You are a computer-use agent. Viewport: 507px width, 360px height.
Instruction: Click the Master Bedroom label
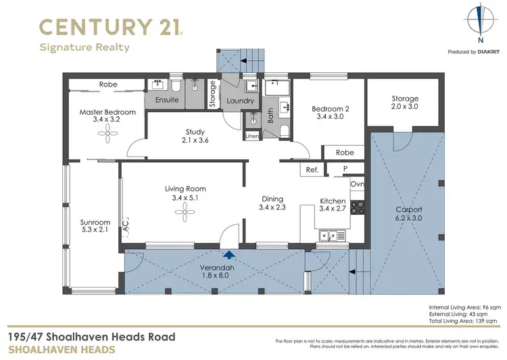click(x=107, y=112)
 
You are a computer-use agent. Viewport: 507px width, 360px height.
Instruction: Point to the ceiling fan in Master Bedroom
click(x=107, y=136)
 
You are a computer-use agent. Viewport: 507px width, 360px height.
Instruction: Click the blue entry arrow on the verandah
click(x=230, y=255)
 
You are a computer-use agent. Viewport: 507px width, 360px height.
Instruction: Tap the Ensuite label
click(x=167, y=100)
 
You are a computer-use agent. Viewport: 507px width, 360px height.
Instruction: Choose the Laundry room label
click(x=240, y=101)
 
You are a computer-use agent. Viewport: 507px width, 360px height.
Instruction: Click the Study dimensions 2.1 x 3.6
click(x=195, y=140)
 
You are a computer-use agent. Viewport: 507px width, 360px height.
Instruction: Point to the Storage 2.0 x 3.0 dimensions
click(x=404, y=107)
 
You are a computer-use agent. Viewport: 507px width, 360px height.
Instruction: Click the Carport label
click(x=409, y=209)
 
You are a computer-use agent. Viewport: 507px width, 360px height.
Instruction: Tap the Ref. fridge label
click(x=312, y=170)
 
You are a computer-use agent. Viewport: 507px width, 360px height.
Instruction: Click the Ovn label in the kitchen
click(x=358, y=184)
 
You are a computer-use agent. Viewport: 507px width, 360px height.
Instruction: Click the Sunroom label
click(x=95, y=222)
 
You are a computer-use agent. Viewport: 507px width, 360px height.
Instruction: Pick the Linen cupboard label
click(x=252, y=136)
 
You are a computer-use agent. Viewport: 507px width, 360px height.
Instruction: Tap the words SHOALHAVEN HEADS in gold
click(x=60, y=349)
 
